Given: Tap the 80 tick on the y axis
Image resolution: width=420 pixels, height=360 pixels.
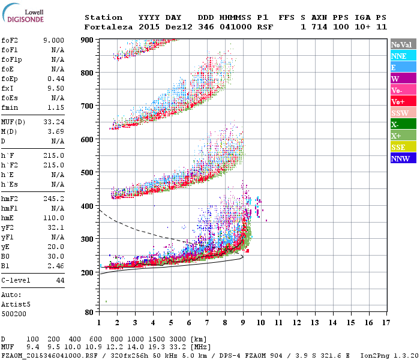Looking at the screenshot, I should (88, 312).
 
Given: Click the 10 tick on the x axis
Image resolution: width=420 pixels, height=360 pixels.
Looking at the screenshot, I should (260, 323).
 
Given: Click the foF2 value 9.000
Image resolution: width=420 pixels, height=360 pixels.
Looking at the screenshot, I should (53, 40).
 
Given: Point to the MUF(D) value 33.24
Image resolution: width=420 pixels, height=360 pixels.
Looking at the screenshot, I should (53, 122).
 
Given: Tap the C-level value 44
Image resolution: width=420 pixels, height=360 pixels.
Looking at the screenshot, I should (60, 280).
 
